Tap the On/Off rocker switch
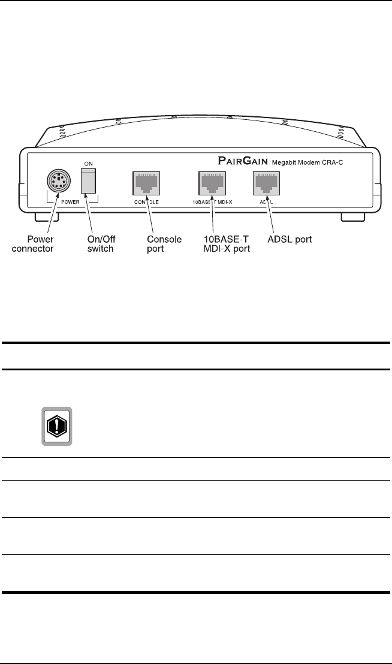pyautogui.click(x=89, y=180)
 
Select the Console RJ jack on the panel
pyautogui.click(x=143, y=182)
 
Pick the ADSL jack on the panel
pyautogui.click(x=264, y=182)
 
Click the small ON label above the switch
pyautogui.click(x=88, y=163)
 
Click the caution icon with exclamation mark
pyautogui.click(x=56, y=426)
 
